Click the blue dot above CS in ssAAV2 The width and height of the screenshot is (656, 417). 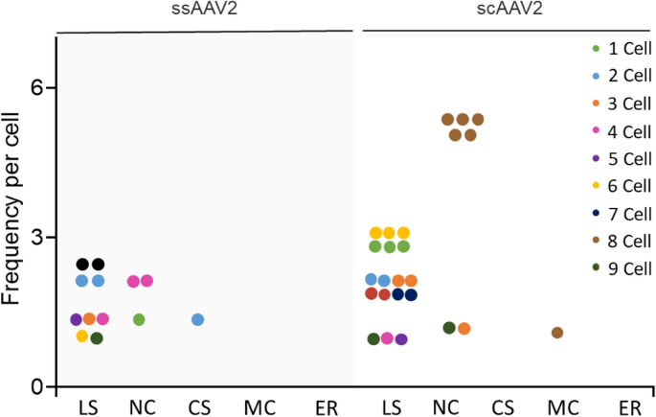coord(197,319)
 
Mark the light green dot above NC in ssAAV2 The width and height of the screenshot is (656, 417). coord(139,319)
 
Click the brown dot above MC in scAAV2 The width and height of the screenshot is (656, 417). coord(556,333)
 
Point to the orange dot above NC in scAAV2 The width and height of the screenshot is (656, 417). coord(464,329)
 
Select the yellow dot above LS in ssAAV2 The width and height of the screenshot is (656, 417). coord(82,336)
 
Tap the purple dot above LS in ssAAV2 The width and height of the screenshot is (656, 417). coord(76,319)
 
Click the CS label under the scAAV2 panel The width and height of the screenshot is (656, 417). coord(503,407)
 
